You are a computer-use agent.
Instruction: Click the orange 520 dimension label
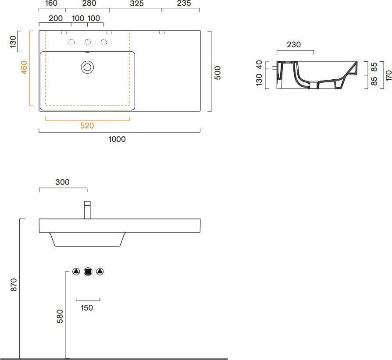[87, 126]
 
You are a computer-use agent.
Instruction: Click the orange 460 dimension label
[24, 67]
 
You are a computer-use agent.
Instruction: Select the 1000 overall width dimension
[117, 139]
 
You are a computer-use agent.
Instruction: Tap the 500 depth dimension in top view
[218, 73]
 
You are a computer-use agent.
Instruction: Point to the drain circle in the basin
[88, 67]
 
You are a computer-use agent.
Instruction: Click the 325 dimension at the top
[137, 4]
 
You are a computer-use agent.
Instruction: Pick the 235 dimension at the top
[184, 3]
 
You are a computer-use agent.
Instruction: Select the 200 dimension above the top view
[56, 18]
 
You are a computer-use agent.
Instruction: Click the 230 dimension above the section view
[294, 45]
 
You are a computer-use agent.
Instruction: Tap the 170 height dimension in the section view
[388, 76]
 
